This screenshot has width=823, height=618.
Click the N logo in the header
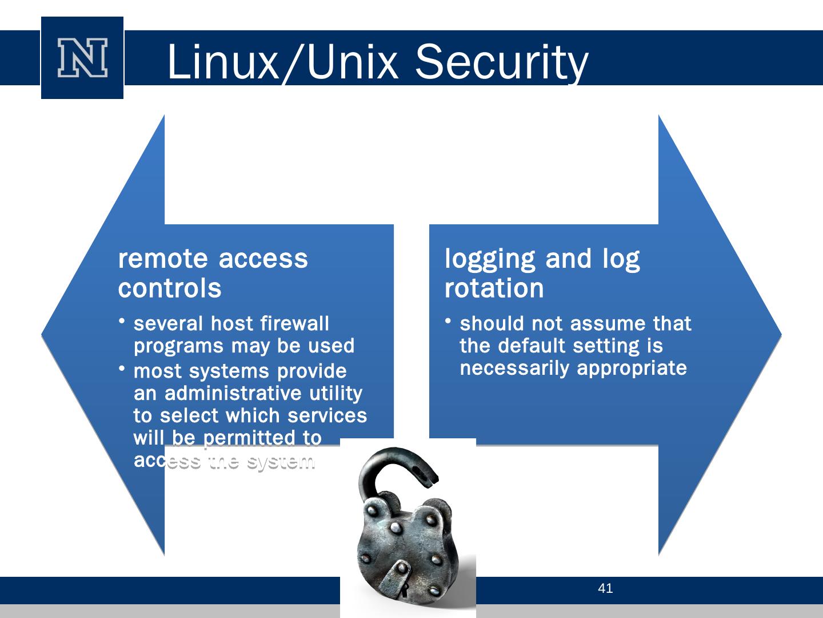pos(82,58)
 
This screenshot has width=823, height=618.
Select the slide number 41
pos(605,588)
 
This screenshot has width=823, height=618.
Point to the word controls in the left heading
pos(170,288)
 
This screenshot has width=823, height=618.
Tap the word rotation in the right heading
pos(494,288)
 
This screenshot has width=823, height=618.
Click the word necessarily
pos(515,368)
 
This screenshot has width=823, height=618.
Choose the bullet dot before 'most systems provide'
pos(123,369)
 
